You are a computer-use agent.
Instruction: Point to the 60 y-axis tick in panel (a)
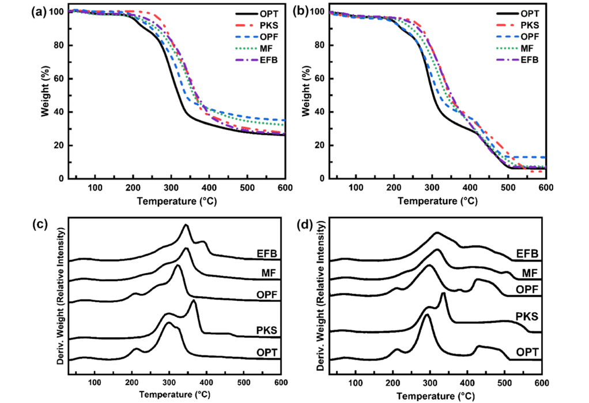pos(60,79)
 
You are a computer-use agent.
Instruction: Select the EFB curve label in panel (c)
pos(269,253)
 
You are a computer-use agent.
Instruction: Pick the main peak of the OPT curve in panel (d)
pos(426,315)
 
